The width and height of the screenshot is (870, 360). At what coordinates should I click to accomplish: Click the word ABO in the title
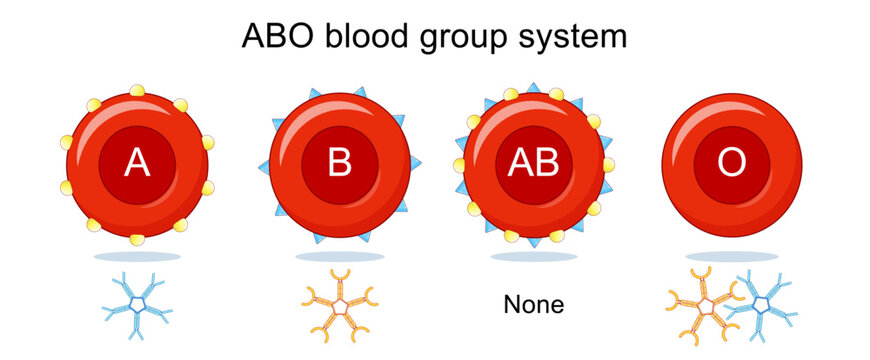tap(276, 37)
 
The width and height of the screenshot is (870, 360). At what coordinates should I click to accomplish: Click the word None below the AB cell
tap(533, 304)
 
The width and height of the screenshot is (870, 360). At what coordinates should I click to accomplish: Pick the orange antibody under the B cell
tap(339, 301)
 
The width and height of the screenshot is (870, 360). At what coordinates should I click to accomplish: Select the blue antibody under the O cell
tap(762, 303)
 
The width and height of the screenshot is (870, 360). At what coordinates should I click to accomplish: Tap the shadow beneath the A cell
tap(137, 257)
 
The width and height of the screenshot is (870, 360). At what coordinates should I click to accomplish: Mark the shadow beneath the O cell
tap(733, 257)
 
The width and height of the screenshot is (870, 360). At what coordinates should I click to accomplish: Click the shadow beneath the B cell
tap(339, 257)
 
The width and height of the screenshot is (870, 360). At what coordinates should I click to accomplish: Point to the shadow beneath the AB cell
tap(534, 257)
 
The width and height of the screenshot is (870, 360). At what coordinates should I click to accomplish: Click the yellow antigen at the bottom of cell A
tap(137, 240)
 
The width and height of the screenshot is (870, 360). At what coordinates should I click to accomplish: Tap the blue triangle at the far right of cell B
tap(415, 163)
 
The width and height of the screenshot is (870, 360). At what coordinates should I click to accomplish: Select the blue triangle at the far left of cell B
tap(263, 166)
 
